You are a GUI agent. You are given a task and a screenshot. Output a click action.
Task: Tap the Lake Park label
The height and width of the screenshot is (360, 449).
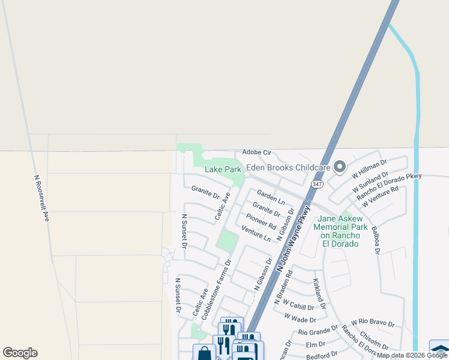tap(223, 170)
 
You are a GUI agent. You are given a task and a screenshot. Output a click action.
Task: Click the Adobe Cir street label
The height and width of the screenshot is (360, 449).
tap(257, 152)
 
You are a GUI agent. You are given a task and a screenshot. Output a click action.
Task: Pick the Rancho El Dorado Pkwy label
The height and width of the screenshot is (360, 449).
tap(389, 187)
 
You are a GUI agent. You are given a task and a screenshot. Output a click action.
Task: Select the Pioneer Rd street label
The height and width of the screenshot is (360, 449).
tap(261, 221)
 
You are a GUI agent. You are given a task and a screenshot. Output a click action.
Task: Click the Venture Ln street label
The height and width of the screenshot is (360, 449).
tap(256, 233)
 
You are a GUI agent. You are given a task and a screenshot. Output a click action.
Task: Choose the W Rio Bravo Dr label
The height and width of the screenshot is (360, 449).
tap(373, 323)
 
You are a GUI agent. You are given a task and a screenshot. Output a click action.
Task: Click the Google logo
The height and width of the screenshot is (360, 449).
tap(20, 353)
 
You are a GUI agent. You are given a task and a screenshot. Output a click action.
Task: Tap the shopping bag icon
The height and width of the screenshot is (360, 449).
tap(204, 353)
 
